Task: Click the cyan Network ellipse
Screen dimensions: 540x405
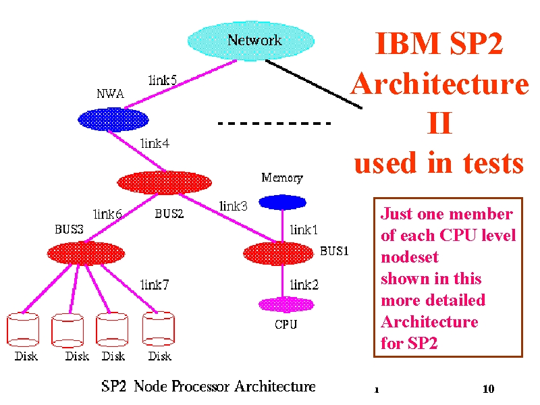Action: pos(250,40)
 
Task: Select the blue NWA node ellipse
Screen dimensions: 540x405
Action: pos(113,119)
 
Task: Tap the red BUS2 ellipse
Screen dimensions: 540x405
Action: pos(164,182)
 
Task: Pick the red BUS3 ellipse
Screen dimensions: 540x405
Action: pos(86,253)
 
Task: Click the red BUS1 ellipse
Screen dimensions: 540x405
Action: pos(278,254)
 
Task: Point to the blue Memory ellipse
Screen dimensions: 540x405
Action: pos(282,202)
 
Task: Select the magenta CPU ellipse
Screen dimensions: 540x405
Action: pos(286,305)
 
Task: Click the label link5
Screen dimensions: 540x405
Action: pos(162,80)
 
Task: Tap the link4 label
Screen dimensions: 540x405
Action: pos(155,143)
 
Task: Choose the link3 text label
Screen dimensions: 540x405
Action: pos(233,206)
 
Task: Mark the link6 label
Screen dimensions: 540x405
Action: pos(107,214)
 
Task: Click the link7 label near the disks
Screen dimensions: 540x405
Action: pos(155,285)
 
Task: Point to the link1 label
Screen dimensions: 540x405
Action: pos(304,230)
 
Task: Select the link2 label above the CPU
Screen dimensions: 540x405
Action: pos(304,285)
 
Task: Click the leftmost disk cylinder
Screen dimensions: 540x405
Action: pos(23,329)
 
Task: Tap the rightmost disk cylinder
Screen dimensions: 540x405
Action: pos(159,329)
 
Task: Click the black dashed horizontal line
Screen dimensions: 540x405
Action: pos(275,123)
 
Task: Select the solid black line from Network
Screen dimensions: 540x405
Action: pos(313,84)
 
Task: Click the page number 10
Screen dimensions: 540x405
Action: pos(488,389)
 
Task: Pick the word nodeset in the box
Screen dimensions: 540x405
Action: pos(410,257)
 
